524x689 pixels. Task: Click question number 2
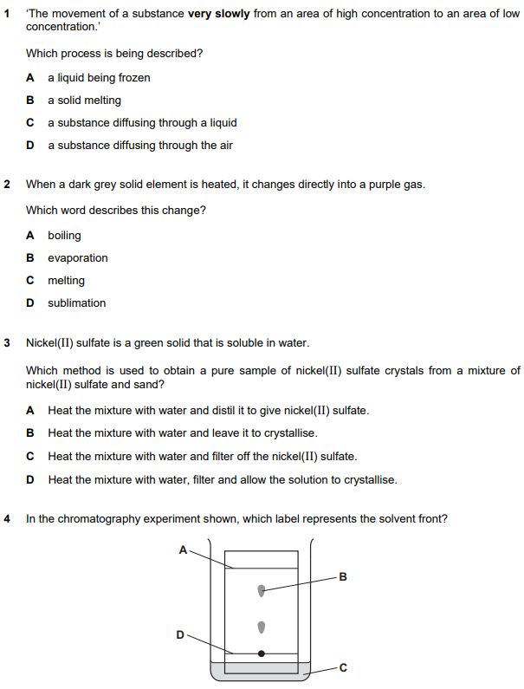(x=8, y=185)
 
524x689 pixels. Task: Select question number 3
(x=8, y=342)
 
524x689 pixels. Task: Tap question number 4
(x=8, y=519)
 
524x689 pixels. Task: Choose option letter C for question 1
(x=30, y=123)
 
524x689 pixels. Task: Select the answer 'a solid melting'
(x=84, y=101)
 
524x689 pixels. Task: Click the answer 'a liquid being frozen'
(x=99, y=78)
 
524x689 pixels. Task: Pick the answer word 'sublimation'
(x=76, y=303)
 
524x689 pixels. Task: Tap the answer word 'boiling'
(x=64, y=236)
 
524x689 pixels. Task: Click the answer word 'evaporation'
(x=78, y=258)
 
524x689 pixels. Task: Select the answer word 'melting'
(x=66, y=281)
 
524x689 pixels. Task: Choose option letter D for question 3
(x=30, y=479)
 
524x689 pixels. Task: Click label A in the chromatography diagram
(x=183, y=549)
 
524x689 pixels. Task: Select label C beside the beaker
(x=342, y=667)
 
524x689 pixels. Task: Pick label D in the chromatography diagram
(x=180, y=634)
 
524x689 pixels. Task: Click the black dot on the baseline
(x=262, y=653)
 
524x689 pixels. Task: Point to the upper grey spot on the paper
(x=262, y=591)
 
